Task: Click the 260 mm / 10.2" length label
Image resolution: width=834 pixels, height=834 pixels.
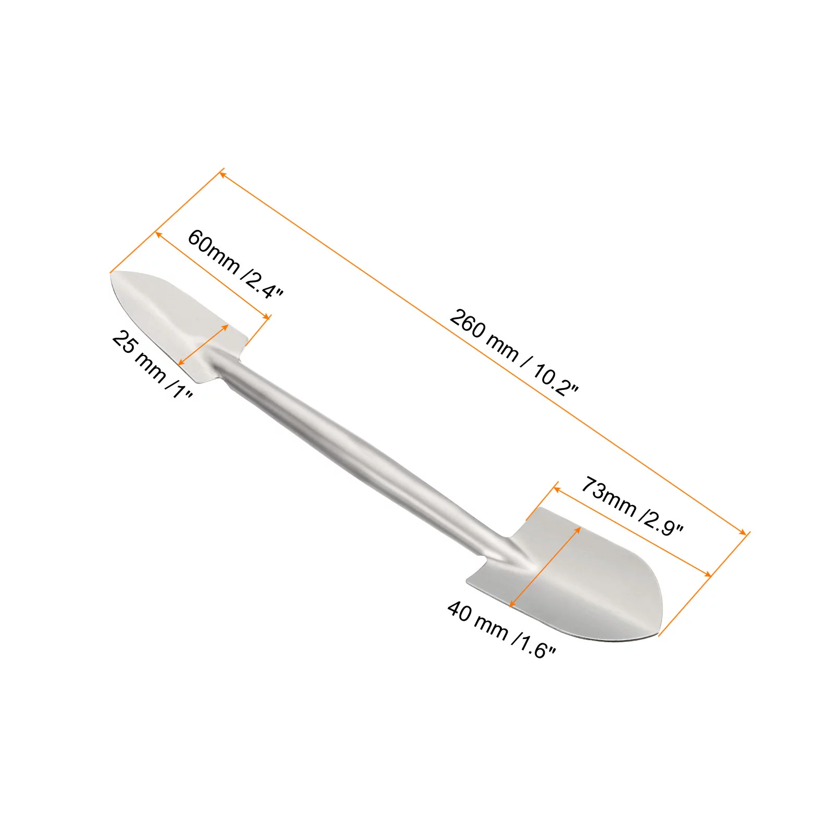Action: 513,352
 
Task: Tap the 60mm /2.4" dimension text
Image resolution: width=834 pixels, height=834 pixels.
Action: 235,264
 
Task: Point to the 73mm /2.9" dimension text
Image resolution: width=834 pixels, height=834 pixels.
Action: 631,506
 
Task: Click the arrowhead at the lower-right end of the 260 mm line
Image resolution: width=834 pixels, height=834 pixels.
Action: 744,532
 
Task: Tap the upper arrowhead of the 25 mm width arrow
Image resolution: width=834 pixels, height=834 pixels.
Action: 227,326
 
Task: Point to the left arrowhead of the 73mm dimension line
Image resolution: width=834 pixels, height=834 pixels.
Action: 556,488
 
